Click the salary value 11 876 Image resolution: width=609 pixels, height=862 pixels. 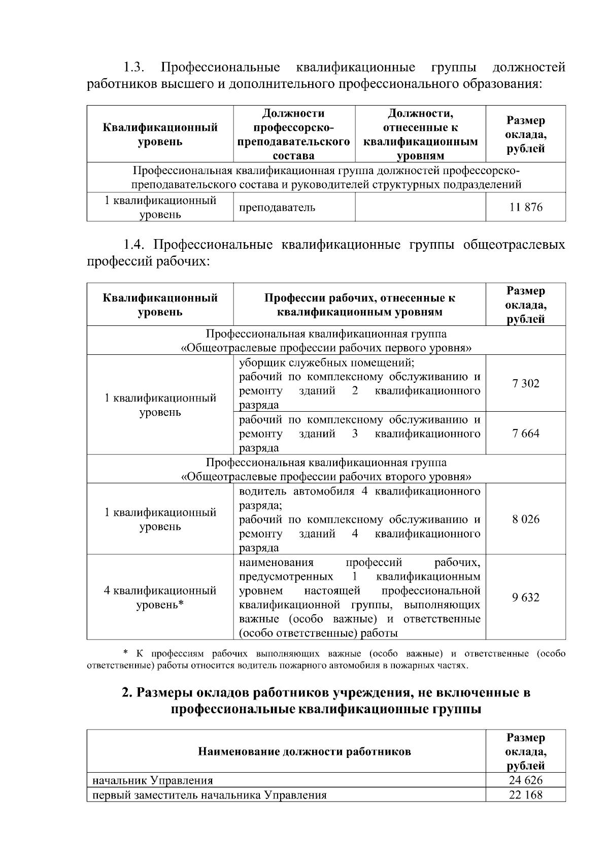click(526, 207)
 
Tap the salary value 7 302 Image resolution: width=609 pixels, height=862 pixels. click(526, 383)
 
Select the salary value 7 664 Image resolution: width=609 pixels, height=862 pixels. click(526, 433)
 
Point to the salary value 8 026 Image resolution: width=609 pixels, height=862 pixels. click(526, 519)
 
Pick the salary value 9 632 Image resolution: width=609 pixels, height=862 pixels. click(526, 597)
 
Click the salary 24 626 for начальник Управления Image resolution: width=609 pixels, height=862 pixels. click(526, 780)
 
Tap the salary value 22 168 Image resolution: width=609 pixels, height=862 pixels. click(526, 794)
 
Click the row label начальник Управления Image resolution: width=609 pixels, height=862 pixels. click(152, 780)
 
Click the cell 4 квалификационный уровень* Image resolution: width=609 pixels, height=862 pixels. click(160, 598)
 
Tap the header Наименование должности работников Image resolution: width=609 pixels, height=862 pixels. click(304, 751)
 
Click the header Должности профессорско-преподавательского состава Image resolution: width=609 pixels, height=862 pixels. click(294, 134)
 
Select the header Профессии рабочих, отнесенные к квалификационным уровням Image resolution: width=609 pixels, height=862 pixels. click(359, 305)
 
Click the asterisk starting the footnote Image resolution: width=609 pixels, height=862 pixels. click(126, 652)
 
